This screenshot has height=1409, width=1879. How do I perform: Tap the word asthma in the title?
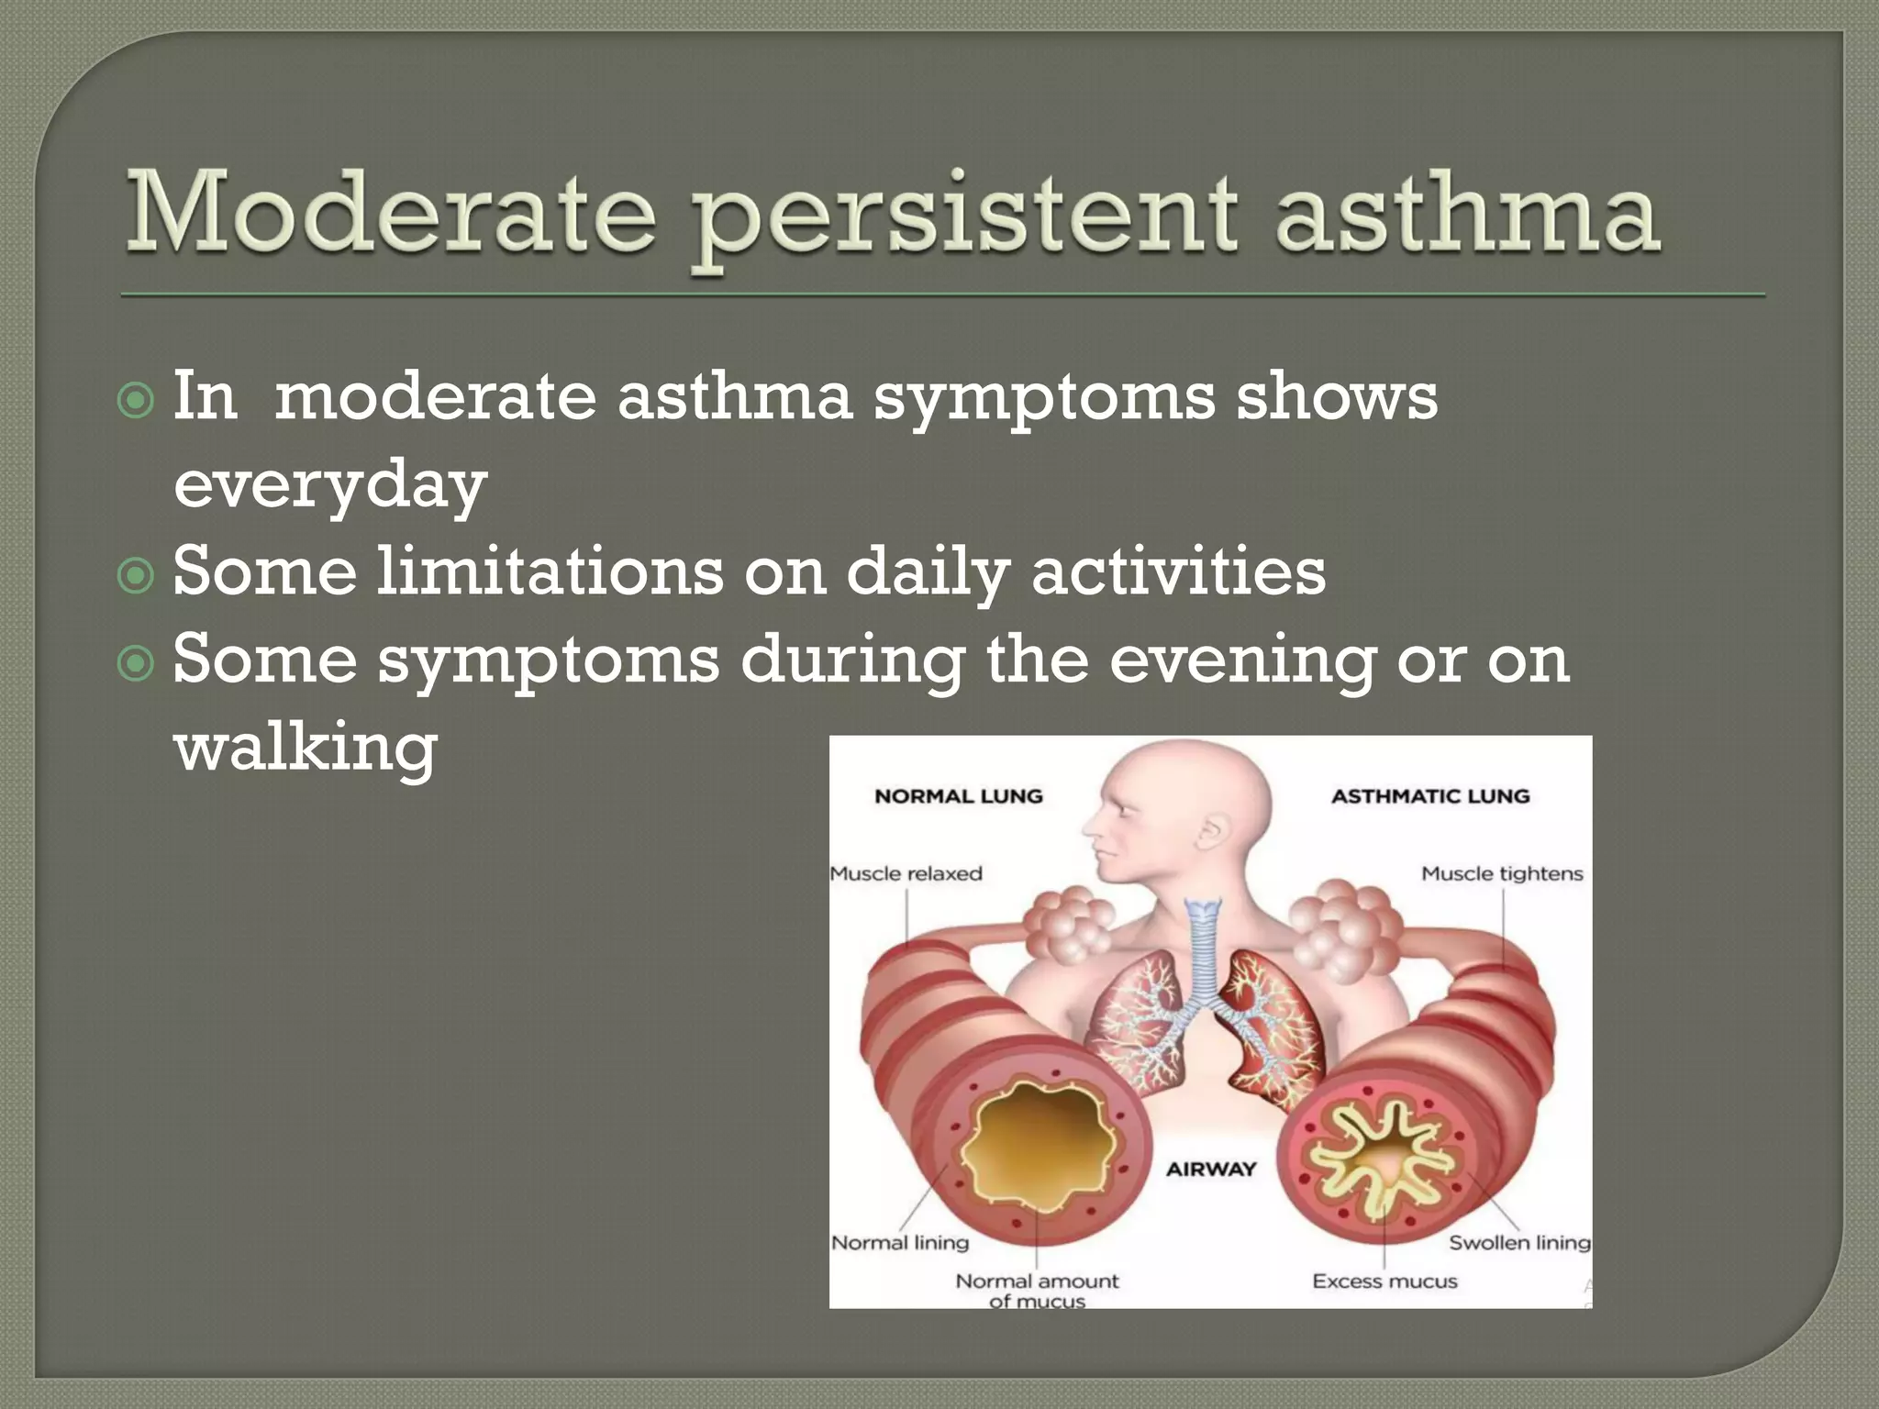[1467, 213]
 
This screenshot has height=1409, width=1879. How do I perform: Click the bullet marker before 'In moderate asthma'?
[137, 401]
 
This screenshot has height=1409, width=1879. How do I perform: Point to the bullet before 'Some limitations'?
[137, 576]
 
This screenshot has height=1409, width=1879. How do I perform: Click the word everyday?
[329, 485]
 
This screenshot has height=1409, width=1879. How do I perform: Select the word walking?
[306, 748]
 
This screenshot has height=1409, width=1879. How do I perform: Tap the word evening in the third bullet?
[1242, 660]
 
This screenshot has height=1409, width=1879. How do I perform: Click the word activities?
[1178, 572]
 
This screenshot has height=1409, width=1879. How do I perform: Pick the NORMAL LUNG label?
[959, 796]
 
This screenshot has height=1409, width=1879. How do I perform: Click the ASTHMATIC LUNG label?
[1430, 796]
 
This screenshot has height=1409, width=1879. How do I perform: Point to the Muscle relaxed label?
[906, 873]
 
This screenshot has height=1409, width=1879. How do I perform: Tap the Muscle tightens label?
[1502, 873]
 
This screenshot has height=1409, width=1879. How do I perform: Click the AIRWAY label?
[1210, 1169]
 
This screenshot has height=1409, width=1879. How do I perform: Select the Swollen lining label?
[1518, 1242]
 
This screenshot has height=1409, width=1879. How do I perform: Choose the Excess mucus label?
[1384, 1281]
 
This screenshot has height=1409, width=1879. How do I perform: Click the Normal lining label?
[900, 1242]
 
